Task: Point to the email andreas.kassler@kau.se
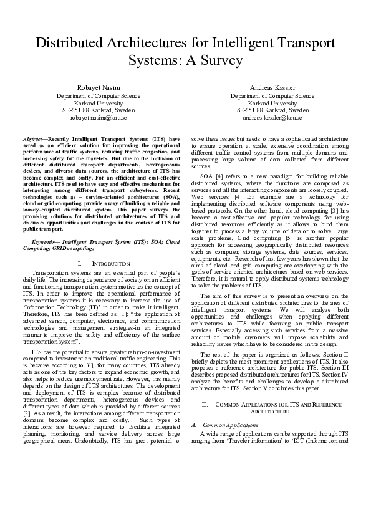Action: point(272,117)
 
